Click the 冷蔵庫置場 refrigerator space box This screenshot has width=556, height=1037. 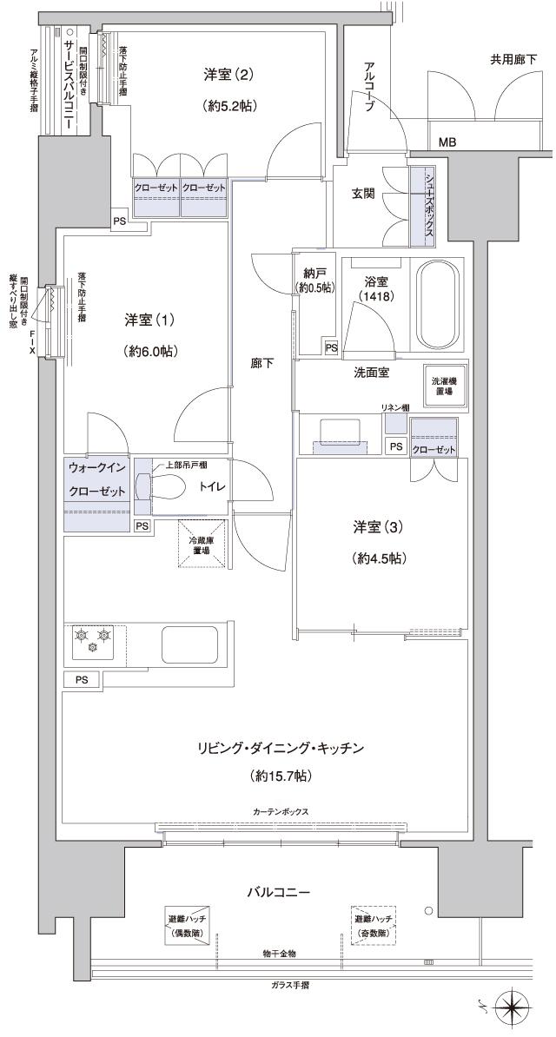[x=202, y=545]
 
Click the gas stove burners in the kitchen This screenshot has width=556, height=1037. [x=94, y=637]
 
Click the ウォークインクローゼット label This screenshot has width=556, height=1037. [x=96, y=479]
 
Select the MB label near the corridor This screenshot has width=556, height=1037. [x=447, y=142]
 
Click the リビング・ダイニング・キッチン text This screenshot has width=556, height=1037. [x=278, y=748]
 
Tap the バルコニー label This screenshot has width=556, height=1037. [x=278, y=891]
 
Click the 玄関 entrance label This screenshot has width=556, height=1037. [x=363, y=194]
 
